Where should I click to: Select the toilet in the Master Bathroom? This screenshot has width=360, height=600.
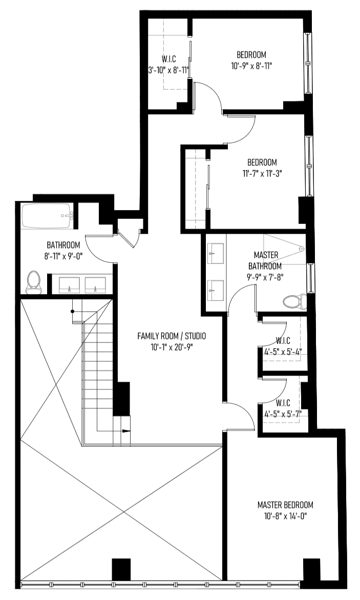click(295, 302)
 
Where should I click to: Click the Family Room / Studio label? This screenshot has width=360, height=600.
click(172, 336)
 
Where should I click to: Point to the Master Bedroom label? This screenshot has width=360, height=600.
click(285, 505)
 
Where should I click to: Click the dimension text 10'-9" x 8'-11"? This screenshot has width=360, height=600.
click(251, 66)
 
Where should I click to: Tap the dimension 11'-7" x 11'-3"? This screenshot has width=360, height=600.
click(262, 173)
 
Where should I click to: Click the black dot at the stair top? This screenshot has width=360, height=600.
click(72, 312)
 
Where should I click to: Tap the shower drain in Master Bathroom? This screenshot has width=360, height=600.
click(301, 249)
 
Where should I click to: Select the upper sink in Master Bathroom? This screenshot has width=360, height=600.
click(216, 253)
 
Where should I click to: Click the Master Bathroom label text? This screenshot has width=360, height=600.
click(265, 260)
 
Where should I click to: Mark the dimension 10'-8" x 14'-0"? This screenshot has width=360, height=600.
click(285, 516)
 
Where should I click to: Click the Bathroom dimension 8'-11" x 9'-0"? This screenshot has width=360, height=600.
click(63, 256)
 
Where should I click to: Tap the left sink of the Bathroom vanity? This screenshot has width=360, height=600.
click(69, 285)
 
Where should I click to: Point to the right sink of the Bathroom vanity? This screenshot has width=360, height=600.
click(95, 285)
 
